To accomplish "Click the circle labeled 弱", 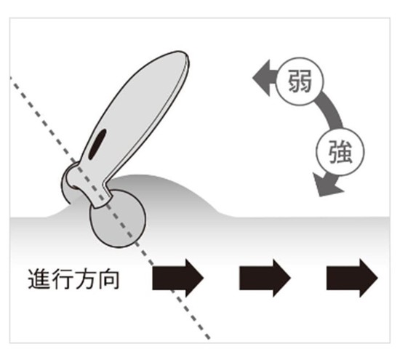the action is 300,81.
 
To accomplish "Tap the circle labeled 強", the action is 340,152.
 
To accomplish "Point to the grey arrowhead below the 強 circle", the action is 326,184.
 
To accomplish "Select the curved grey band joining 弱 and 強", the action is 332,111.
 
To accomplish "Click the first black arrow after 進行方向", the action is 177,278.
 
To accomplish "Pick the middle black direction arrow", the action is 265,278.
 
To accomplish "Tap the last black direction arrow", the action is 352,278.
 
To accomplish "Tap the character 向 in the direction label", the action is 108,279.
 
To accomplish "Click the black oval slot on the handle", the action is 97,145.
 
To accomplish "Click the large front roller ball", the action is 118,219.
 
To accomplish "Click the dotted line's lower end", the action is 209,339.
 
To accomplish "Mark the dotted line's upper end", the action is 11,77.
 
